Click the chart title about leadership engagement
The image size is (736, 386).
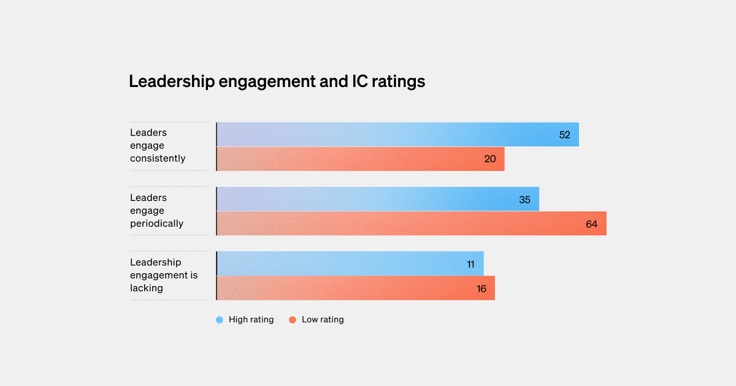[x=277, y=81]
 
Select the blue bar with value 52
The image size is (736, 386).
[x=397, y=135]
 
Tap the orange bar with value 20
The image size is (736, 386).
[x=360, y=159]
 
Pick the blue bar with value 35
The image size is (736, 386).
[x=377, y=199]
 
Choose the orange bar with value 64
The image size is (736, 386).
[x=411, y=224]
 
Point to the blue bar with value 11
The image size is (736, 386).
[x=350, y=263]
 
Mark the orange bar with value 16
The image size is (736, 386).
[x=355, y=288]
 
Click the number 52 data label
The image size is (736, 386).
[x=564, y=135]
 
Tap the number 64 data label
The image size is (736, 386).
[x=591, y=224]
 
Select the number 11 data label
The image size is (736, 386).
[x=470, y=264]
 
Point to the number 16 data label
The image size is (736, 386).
[x=481, y=289]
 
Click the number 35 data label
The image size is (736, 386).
[x=524, y=200]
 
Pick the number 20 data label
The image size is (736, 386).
[x=490, y=159]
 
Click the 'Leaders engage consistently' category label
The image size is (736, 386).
[x=158, y=146]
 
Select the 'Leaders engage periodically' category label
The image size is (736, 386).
[x=156, y=211]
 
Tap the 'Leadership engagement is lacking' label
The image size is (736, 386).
[x=164, y=275]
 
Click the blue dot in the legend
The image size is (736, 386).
[x=220, y=320]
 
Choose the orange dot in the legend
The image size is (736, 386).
[x=293, y=320]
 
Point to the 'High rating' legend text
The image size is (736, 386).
[x=251, y=320]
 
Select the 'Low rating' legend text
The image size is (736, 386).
[x=323, y=320]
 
